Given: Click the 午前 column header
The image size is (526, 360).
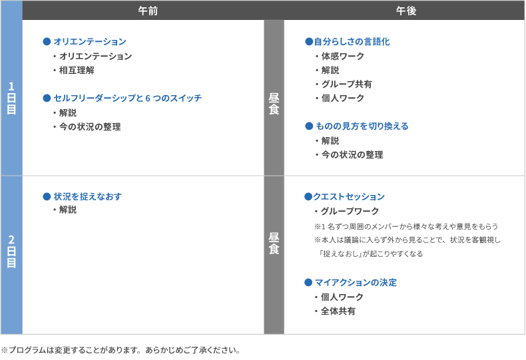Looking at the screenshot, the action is [x=148, y=11].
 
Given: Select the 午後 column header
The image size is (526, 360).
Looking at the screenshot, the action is [x=406, y=11].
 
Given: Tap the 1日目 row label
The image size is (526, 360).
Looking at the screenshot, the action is [x=11, y=98].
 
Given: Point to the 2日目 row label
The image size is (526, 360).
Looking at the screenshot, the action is [x=11, y=251].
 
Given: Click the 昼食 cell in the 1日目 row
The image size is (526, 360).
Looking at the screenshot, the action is [x=274, y=104].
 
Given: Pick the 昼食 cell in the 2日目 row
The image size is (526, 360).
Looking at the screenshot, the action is [x=274, y=244].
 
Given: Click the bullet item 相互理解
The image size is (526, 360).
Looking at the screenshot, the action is [x=77, y=70].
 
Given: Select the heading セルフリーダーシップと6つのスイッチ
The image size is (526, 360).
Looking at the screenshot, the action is [x=128, y=98].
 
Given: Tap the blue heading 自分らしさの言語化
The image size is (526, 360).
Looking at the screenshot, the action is [x=352, y=41].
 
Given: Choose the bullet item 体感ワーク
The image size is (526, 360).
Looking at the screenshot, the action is [x=342, y=56].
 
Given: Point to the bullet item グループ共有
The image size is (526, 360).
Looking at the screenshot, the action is [x=346, y=84].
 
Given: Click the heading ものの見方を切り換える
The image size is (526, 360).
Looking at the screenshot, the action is [x=362, y=126].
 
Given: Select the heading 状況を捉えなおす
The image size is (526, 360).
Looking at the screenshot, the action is [x=87, y=196].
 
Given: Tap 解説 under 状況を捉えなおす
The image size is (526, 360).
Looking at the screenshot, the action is [x=68, y=210].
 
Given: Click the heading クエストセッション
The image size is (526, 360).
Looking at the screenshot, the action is [x=349, y=196].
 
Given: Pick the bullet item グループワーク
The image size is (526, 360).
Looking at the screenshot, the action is [x=350, y=211].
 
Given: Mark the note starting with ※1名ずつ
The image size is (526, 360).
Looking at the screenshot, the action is [x=406, y=227].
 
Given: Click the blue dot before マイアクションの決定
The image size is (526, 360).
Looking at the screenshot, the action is [x=308, y=283].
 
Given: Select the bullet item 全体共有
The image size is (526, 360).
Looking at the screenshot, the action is [x=338, y=311].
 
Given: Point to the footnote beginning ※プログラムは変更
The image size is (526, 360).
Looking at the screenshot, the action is [x=121, y=350].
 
